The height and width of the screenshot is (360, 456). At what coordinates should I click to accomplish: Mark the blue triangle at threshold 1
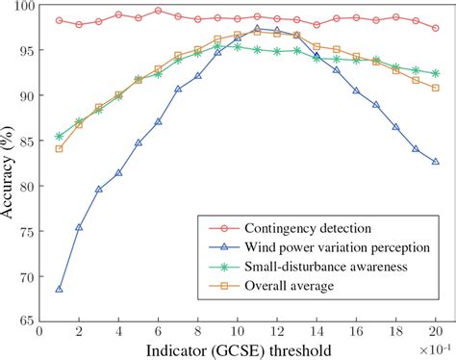pos(60,289)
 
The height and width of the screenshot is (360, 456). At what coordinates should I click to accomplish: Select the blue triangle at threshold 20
pos(436,162)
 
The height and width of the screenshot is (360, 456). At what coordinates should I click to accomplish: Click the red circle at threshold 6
pos(159,11)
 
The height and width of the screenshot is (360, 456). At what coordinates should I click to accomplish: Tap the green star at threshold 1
pos(60,137)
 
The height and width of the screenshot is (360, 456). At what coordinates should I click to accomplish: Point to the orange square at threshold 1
pos(60,149)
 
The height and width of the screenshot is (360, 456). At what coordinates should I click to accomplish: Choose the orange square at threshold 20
pos(436,88)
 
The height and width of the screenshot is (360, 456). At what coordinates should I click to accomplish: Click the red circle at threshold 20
pos(436,28)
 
